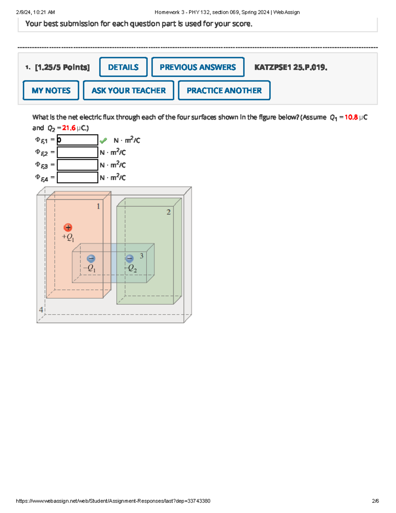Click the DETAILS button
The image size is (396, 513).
(x=123, y=67)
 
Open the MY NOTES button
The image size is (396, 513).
(x=51, y=91)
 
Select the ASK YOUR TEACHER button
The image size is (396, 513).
(x=128, y=91)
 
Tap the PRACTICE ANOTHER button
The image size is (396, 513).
(x=224, y=91)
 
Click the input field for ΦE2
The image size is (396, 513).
(x=78, y=152)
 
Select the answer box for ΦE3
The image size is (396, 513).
(x=78, y=165)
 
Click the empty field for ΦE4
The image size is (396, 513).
(x=78, y=177)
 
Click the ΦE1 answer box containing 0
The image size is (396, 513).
(x=78, y=140)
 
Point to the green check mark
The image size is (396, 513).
(x=103, y=141)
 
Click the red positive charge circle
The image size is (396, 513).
(x=68, y=227)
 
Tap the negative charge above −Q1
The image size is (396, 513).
(x=91, y=259)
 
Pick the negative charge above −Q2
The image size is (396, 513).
(x=130, y=258)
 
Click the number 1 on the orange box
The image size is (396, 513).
(x=98, y=206)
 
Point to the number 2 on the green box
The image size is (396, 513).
(x=169, y=212)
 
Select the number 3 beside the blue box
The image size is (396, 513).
(x=142, y=256)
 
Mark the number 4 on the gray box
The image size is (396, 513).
(x=41, y=310)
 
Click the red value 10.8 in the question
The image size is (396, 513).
(x=351, y=117)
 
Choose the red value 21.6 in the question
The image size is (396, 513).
(x=69, y=128)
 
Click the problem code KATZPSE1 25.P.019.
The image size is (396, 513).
(x=291, y=67)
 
